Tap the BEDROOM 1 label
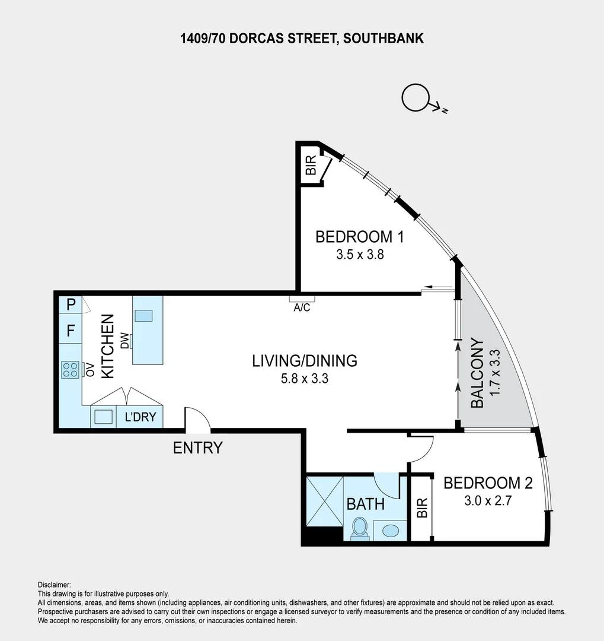(x=359, y=237)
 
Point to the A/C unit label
(x=302, y=307)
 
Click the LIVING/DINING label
(x=304, y=360)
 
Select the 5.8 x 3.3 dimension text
(x=304, y=378)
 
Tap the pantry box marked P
(x=71, y=305)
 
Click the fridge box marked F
(x=71, y=331)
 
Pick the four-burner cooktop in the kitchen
(x=71, y=370)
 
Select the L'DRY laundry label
(x=140, y=417)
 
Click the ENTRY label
(x=197, y=448)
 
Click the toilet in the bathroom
(x=360, y=528)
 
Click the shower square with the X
(x=325, y=500)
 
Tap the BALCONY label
(x=477, y=373)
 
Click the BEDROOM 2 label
(x=488, y=483)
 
